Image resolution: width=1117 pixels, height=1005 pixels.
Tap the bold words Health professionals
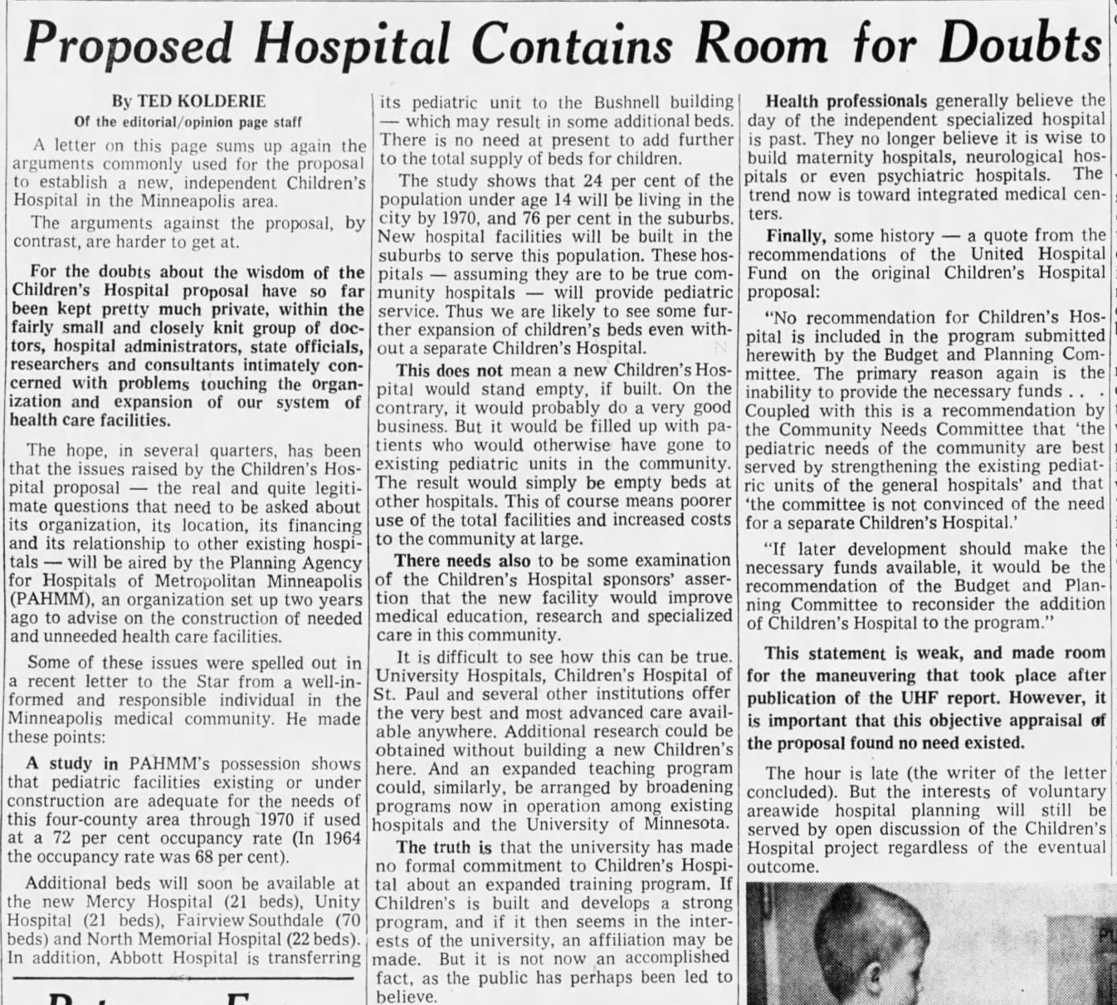pyautogui.click(x=846, y=101)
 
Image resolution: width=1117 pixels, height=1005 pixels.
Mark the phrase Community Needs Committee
pyautogui.click(x=884, y=429)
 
